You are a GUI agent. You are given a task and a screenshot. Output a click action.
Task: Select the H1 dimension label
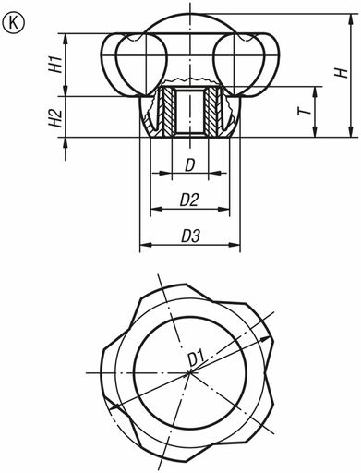(x=54, y=65)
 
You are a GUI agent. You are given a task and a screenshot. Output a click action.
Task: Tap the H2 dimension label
(x=54, y=116)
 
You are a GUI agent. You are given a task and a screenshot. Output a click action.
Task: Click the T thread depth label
(x=303, y=112)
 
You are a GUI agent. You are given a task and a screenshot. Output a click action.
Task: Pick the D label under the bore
(x=189, y=165)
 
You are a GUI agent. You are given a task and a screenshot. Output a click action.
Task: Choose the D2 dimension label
(x=189, y=199)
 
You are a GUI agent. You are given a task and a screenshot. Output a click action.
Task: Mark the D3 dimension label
(x=189, y=236)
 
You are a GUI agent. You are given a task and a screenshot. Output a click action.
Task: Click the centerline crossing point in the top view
(x=190, y=372)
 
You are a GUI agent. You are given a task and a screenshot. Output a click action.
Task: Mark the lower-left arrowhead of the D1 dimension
(x=111, y=407)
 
